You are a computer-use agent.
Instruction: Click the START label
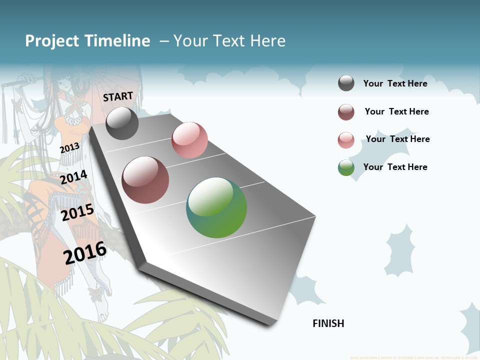[x=118, y=96]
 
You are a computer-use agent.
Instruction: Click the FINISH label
[x=328, y=323]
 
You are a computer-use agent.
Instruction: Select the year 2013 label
[x=69, y=148]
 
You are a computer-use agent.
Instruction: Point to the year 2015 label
[x=77, y=212]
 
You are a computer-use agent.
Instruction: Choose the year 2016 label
[x=85, y=252]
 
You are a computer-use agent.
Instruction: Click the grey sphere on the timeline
[x=122, y=123]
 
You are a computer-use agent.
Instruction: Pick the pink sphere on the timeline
[x=189, y=139]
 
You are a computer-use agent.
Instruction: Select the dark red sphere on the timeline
[x=145, y=180]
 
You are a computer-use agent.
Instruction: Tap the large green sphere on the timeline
[x=216, y=207]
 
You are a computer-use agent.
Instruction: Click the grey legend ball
[x=346, y=83]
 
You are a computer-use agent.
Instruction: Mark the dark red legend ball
[x=346, y=112]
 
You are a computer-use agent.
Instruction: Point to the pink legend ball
[x=346, y=140]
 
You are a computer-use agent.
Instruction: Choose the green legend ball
[x=346, y=167]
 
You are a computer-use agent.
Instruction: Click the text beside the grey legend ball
[x=395, y=83]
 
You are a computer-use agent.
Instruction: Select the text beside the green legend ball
[x=395, y=167]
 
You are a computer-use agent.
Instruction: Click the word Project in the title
[x=52, y=41]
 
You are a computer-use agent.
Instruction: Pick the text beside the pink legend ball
[x=397, y=139]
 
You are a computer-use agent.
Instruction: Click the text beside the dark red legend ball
[x=396, y=111]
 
